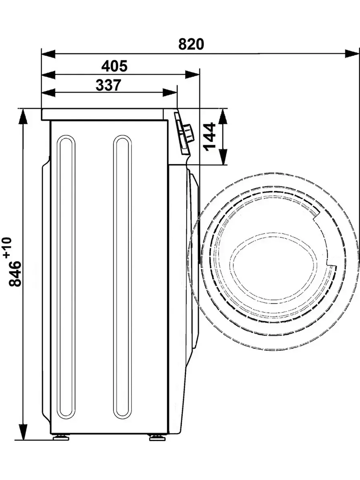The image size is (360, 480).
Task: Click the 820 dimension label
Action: pyautogui.click(x=191, y=44)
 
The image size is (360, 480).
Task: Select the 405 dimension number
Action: pyautogui.click(x=114, y=66)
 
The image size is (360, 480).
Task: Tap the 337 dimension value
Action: pyautogui.click(x=108, y=85)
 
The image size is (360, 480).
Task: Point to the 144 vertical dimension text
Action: pyautogui.click(x=210, y=137)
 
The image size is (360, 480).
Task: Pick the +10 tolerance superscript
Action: pyautogui.click(x=8, y=247)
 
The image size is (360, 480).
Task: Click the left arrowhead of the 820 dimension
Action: pyautogui.click(x=48, y=54)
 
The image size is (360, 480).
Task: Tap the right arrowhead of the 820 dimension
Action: pyautogui.click(x=352, y=54)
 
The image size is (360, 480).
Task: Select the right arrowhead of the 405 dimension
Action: pyautogui.click(x=192, y=75)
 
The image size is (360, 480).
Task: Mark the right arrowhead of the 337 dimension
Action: pyautogui.click(x=170, y=93)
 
